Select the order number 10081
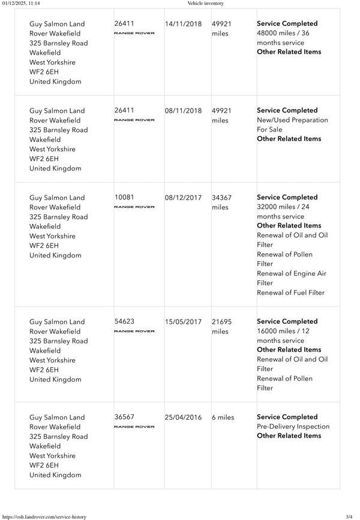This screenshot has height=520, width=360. click(124, 198)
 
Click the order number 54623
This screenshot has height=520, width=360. click(124, 322)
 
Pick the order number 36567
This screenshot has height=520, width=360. click(124, 417)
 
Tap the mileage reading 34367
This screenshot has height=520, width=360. click(221, 198)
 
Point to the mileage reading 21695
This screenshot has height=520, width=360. click(221, 322)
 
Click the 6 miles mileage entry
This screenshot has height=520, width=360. click(223, 417)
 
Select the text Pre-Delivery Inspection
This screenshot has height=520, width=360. click(293, 427)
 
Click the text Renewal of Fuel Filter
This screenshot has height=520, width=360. click(290, 292)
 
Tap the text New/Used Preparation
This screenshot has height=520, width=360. click(292, 120)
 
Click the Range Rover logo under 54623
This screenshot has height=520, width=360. click(134, 331)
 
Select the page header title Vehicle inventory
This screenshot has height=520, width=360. click(206, 4)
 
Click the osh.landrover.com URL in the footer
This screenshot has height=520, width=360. click(44, 516)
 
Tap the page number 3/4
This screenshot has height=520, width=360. click(349, 516)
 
